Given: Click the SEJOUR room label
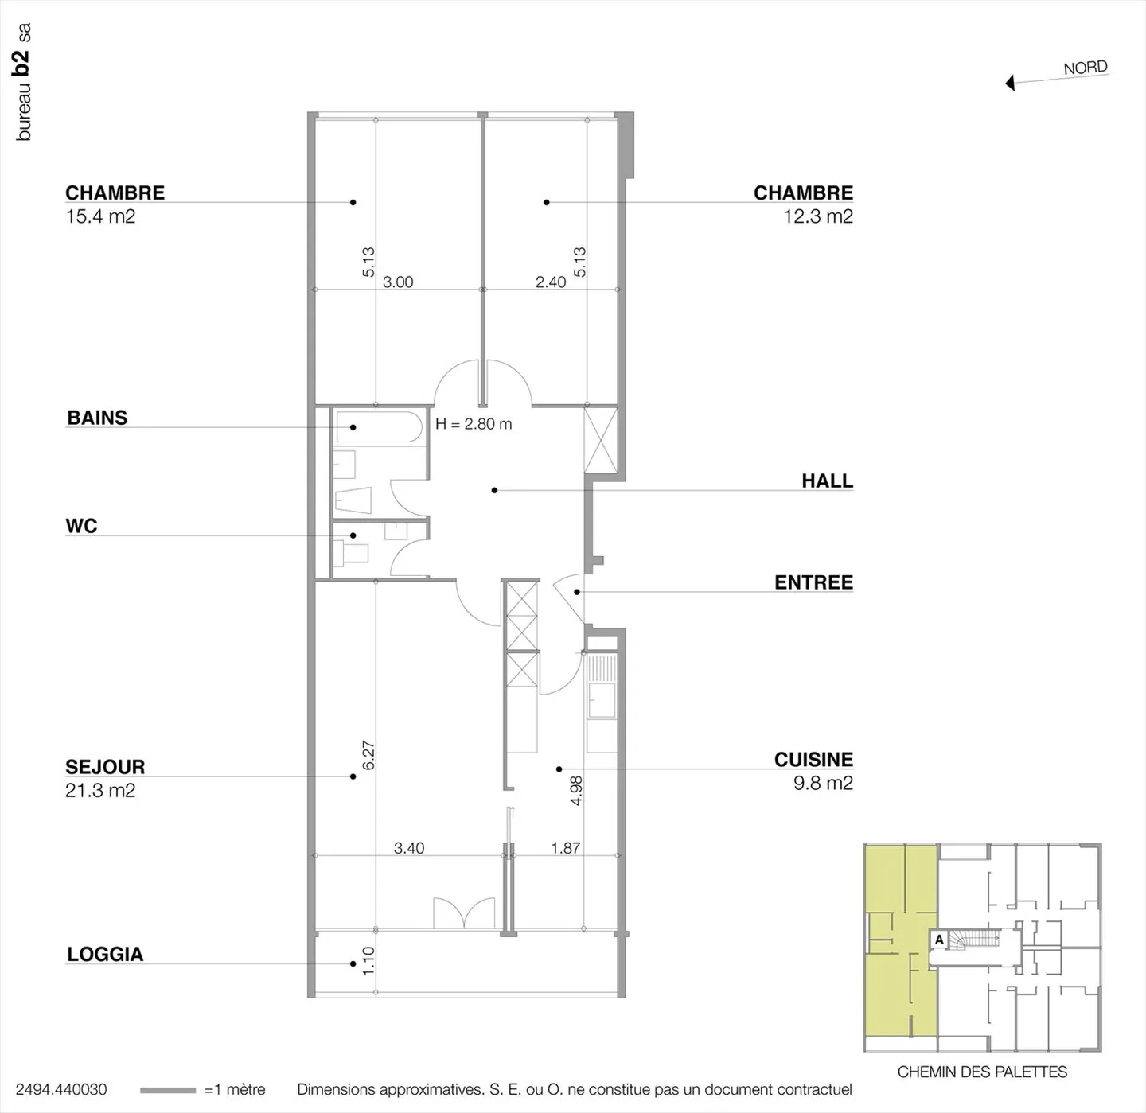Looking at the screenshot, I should (105, 767).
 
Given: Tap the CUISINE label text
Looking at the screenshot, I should (813, 760).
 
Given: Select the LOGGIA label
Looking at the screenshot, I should (105, 955).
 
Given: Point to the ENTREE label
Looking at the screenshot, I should (813, 582).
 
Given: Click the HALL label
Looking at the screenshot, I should (827, 481).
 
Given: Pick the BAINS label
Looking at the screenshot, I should (97, 418).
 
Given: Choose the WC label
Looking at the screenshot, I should (81, 526).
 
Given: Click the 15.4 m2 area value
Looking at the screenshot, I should (100, 216).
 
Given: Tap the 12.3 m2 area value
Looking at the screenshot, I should (818, 216).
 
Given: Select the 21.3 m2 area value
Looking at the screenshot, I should (100, 791).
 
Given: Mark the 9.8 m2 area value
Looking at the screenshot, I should (823, 783).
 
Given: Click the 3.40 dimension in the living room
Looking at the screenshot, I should (409, 848).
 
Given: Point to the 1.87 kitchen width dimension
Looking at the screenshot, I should (565, 848).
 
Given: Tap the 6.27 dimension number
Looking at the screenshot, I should (368, 755).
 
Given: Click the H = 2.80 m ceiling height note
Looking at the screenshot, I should (474, 424).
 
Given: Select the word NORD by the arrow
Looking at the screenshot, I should (1086, 68).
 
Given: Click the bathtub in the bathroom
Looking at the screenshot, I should (377, 427).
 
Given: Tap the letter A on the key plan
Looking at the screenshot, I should (939, 940).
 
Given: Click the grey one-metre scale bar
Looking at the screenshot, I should (167, 1090).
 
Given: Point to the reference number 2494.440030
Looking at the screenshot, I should (61, 1090).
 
